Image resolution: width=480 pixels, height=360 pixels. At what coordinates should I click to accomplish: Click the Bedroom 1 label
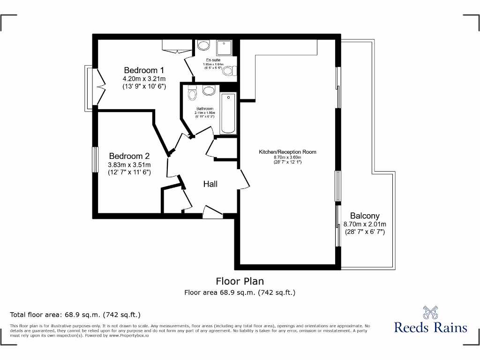coord(144,70)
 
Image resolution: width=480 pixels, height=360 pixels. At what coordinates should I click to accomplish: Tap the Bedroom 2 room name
coord(129,156)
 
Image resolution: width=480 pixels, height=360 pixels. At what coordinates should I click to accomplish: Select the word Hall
coord(210,184)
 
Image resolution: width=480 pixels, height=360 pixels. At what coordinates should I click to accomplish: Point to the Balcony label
coord(365,216)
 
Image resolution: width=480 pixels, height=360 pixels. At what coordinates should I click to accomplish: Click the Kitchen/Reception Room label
coord(287,152)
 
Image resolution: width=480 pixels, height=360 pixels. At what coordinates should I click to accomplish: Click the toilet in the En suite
coord(228,71)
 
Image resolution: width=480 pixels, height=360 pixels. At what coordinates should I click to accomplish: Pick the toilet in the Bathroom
coord(191,94)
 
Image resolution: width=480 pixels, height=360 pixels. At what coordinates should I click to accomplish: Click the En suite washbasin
coord(203,45)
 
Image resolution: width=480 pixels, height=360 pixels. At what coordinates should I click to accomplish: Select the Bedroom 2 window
coord(95,160)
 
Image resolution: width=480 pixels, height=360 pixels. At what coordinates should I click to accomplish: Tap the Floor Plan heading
coord(240,281)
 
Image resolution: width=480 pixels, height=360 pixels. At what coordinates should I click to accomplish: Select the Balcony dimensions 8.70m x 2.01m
coord(365,224)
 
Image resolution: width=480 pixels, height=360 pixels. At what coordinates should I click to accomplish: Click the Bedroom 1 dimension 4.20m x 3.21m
coord(144,79)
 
